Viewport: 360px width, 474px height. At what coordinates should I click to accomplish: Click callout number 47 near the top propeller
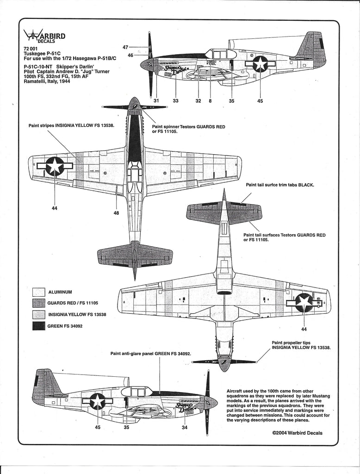[125, 47]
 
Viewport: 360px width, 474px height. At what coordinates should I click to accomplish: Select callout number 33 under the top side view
[175, 101]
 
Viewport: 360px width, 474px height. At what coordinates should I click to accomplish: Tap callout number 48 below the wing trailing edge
[116, 213]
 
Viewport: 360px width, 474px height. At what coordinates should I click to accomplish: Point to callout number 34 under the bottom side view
[185, 427]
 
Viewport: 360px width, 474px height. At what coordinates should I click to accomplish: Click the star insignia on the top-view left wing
[55, 166]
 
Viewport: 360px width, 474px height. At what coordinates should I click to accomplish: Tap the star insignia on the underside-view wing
[304, 302]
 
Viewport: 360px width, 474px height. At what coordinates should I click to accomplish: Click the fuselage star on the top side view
[260, 64]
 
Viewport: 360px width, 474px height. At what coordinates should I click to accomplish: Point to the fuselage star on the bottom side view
[98, 401]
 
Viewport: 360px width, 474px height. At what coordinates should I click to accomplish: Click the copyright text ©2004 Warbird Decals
[298, 433]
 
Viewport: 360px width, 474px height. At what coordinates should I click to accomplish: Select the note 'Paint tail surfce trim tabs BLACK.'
[280, 185]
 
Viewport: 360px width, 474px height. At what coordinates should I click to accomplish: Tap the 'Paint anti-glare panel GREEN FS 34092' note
[151, 353]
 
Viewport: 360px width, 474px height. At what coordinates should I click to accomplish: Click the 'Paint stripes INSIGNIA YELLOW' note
[71, 125]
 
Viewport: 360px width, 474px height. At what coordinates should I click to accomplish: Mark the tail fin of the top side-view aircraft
[311, 49]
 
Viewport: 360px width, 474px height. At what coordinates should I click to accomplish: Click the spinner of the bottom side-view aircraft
[212, 402]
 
